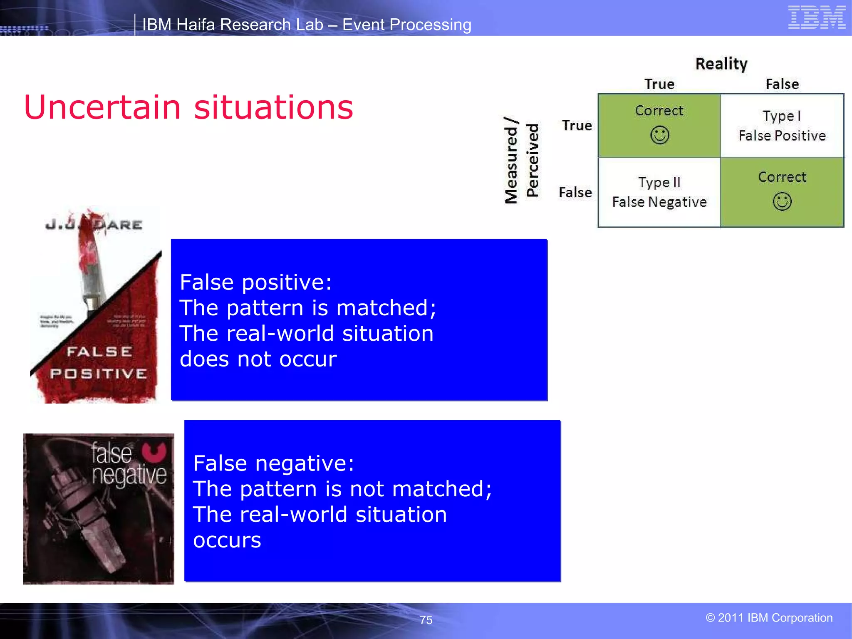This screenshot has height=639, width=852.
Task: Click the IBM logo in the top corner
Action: (x=817, y=17)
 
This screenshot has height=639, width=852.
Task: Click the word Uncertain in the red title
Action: (x=102, y=107)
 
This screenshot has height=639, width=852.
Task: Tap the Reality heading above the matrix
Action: (x=721, y=64)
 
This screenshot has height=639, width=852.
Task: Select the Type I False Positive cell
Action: (x=782, y=126)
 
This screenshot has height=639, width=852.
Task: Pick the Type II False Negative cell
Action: (x=659, y=192)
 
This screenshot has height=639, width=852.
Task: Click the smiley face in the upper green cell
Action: (x=660, y=135)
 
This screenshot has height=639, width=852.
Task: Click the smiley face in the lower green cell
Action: (x=782, y=202)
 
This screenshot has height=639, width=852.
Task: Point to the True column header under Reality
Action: (x=659, y=84)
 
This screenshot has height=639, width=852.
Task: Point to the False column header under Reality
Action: (x=782, y=84)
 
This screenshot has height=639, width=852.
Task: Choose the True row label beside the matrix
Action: (x=577, y=125)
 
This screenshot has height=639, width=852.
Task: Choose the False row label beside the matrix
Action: (x=575, y=192)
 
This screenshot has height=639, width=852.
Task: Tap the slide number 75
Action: (x=426, y=620)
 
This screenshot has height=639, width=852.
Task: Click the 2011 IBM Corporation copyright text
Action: (x=769, y=618)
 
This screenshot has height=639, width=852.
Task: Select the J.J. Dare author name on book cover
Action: (x=94, y=225)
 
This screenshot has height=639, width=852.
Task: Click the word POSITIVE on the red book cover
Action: (x=99, y=374)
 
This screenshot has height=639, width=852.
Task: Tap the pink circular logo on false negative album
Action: (x=154, y=452)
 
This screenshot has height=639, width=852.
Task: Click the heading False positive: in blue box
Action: (x=255, y=282)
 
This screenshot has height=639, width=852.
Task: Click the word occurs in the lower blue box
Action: (x=227, y=540)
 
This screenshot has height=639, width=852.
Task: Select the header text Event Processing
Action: (x=406, y=25)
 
